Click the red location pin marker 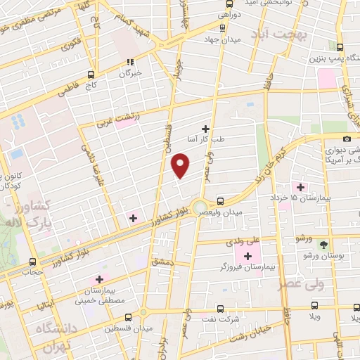coord(181,165)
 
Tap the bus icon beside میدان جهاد coord(222,29)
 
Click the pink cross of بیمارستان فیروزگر coord(247,255)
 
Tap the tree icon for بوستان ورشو coord(323,245)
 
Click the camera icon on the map coord(347,139)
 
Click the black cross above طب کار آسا coord(205,128)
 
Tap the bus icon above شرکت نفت coord(220,308)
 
